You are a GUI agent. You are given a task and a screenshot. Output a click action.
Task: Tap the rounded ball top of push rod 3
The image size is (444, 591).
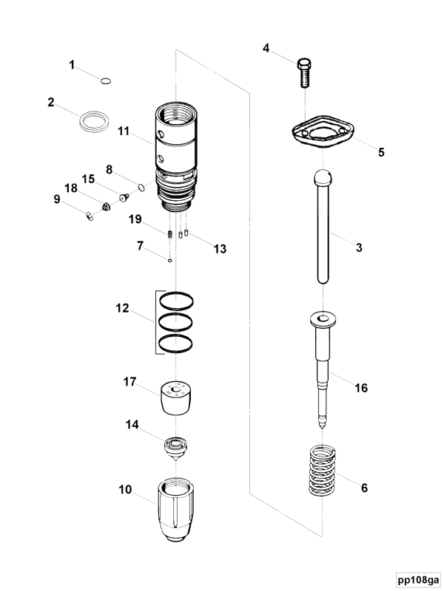(x=323, y=180)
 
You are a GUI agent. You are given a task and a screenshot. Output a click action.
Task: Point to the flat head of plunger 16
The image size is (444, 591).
(x=323, y=319)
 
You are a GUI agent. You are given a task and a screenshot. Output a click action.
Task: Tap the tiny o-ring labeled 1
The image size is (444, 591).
(x=106, y=81)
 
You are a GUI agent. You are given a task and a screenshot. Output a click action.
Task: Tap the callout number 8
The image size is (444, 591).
(x=110, y=169)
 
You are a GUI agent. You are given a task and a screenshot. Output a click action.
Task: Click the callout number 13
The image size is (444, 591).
(x=220, y=249)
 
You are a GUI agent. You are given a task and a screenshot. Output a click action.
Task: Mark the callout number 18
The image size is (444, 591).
(x=72, y=188)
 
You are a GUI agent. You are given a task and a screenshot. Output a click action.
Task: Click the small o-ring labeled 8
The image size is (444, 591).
(x=141, y=187)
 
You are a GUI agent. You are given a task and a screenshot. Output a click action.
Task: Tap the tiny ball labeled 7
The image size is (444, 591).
(x=170, y=260)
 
